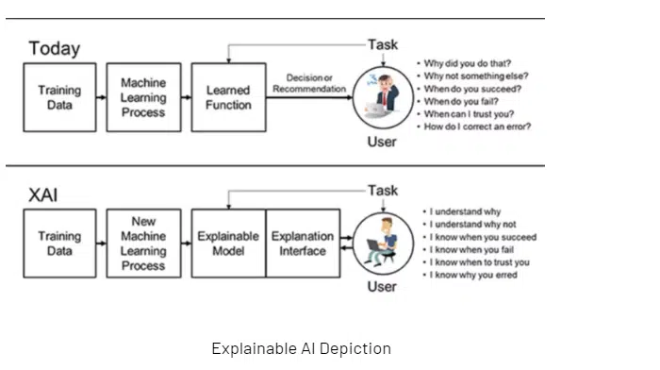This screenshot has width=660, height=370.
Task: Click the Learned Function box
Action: coord(228,97)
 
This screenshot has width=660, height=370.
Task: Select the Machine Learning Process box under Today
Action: coord(144,97)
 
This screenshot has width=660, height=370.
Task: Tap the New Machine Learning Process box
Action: coord(144,244)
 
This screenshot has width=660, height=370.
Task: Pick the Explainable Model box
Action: coord(228,244)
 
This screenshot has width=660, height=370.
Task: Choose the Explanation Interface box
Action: coord(303,244)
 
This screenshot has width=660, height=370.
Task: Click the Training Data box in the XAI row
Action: coord(59,244)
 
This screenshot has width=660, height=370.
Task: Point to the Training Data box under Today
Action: coord(59,97)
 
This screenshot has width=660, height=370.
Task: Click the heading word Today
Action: coord(55,49)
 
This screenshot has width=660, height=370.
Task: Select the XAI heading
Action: coord(43,195)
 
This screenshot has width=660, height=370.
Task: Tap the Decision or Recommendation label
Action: coord(309,83)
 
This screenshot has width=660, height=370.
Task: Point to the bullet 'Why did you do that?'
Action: coord(468,63)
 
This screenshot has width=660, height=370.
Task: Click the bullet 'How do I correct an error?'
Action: coord(477,126)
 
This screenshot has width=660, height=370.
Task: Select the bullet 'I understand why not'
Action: coord(472,225)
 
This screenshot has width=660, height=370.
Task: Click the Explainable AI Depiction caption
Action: coord(302,348)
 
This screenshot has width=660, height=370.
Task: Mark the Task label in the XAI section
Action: coord(383,191)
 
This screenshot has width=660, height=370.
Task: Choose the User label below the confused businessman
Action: coord(382,142)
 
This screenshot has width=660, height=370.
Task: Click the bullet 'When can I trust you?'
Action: coord(469,114)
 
